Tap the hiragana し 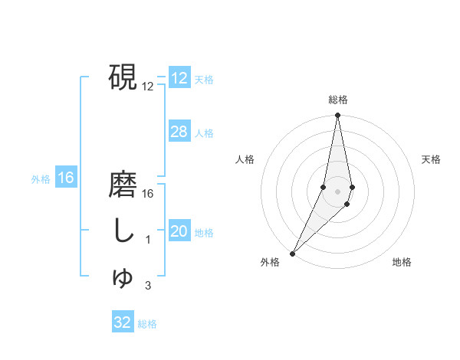pos(122,231)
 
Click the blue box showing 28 pos(179,132)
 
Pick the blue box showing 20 pos(179,232)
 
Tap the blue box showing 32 pos(123,322)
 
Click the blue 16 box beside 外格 pos(66,178)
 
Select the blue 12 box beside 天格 pos(179,78)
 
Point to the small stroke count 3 pos(148,286)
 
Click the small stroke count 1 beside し pos(148,240)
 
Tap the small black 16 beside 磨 pos(148,193)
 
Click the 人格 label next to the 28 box pos(204,133)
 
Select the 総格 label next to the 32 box pos(147,324)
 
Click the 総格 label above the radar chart pos(337,100)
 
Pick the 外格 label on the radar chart pos(270,263)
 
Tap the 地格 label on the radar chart pos(402,263)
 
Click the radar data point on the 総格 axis pos(337,116)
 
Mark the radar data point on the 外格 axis pos(293,252)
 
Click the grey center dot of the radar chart pos(337,191)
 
